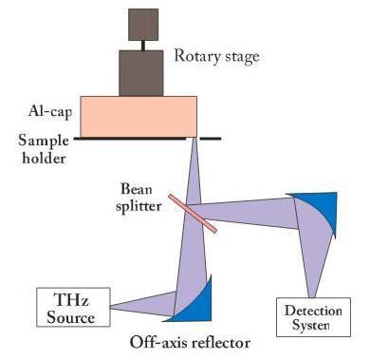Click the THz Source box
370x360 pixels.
tap(73, 307)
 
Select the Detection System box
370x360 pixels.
tap(313, 317)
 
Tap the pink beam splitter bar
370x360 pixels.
tap(193, 214)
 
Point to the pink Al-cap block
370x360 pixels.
tap(139, 116)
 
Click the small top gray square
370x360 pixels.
tap(143, 25)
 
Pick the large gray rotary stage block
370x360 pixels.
tap(141, 73)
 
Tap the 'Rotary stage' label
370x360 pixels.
tap(217, 57)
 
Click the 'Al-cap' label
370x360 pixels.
tap(50, 111)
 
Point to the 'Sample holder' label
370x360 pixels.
tap(44, 149)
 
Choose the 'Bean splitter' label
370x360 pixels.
tap(139, 198)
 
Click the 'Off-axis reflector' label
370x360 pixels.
tap(190, 343)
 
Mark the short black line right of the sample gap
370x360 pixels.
tap(211, 139)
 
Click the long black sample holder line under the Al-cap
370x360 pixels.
tap(130, 139)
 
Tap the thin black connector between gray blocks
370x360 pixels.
tap(143, 46)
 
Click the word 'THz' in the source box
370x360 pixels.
tap(71, 299)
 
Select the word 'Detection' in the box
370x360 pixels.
tap(313, 311)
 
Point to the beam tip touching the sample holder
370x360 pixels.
tap(194, 138)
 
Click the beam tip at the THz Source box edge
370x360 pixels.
tap(111, 307)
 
